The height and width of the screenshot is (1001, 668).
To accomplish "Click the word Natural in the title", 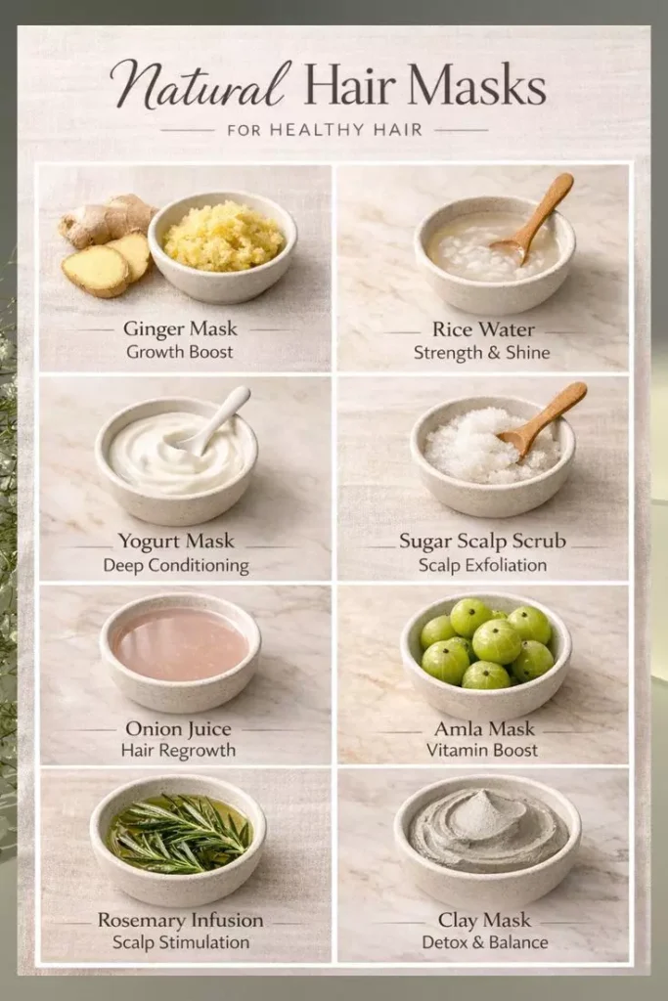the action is coord(198,85).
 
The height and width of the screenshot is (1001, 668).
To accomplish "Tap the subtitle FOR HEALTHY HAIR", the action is coord(325,130).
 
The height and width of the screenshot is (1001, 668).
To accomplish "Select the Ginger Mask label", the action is coord(179,328).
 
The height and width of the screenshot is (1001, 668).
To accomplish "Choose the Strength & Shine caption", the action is coord(481,352).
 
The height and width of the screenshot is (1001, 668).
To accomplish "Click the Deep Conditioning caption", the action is coord(176,565).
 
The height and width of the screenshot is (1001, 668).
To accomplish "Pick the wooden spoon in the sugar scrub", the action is coord(542,419).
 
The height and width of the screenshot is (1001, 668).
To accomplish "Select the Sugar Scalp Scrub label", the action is coord(483,542).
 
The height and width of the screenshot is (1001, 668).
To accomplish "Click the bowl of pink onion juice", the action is coord(180,652).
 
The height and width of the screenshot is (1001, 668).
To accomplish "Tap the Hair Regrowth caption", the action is coord(178,750).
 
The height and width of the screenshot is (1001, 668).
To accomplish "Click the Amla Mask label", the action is coord(484,729).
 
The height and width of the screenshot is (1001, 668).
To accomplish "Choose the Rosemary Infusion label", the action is coord(180,920).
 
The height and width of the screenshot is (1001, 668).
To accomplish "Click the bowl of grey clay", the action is coord(487,841).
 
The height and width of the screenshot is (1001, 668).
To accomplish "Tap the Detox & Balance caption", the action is coord(485,942).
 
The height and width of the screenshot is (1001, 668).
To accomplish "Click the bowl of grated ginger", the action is coord(222,246).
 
